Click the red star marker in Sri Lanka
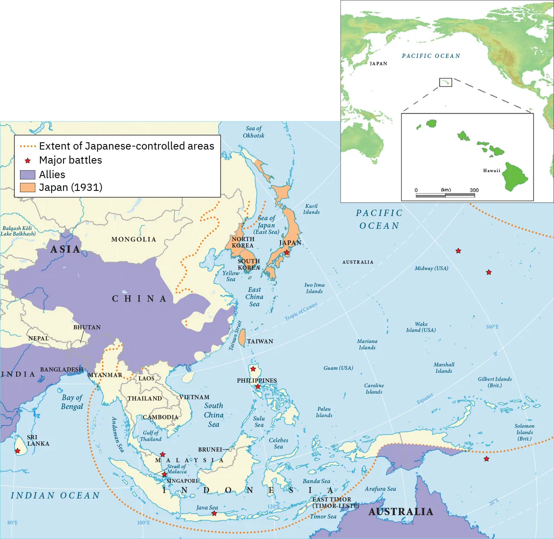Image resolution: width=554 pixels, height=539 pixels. (17, 451)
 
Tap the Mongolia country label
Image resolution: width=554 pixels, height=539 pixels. (134, 239)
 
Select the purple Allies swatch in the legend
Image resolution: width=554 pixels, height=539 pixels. (28, 175)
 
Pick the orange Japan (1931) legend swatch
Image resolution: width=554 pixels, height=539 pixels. (28, 187)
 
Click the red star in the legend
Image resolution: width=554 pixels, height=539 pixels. (28, 161)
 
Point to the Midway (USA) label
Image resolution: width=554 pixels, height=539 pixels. (431, 268)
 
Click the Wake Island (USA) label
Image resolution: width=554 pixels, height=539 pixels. (421, 327)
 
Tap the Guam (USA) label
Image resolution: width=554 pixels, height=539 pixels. (338, 368)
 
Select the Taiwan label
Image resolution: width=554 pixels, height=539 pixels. (260, 341)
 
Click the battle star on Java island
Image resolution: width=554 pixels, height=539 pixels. (214, 513)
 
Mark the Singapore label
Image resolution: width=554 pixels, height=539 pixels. (183, 481)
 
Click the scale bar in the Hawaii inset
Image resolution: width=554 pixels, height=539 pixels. (445, 196)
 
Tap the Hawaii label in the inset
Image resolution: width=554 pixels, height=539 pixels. (491, 171)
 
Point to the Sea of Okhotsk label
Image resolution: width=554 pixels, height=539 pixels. (253, 132)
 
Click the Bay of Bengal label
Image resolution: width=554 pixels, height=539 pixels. (72, 402)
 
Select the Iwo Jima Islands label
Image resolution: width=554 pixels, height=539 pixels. (314, 288)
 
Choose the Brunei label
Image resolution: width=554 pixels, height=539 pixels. (210, 450)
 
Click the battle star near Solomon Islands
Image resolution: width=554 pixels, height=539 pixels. (486, 459)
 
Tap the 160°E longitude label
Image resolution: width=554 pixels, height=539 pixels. (492, 327)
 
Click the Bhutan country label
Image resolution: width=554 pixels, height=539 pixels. (87, 327)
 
